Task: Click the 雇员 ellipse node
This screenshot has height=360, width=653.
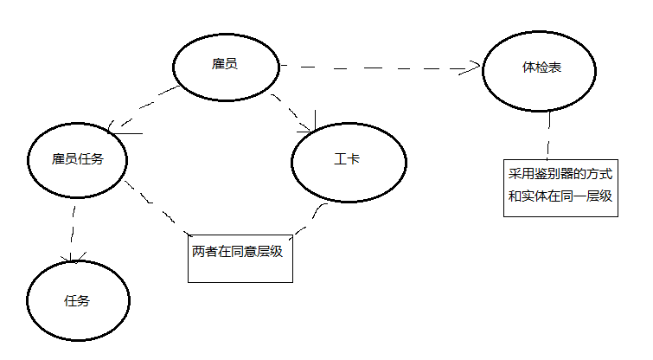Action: (x=225, y=66)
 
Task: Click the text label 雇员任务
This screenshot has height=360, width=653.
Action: (x=78, y=159)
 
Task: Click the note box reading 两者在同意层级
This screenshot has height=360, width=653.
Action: (x=240, y=255)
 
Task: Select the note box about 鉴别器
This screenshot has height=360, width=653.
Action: (x=560, y=187)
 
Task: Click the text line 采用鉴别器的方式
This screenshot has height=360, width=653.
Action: (x=560, y=176)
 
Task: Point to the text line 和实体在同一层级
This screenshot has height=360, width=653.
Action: (x=560, y=196)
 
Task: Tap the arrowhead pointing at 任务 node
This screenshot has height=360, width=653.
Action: (x=76, y=258)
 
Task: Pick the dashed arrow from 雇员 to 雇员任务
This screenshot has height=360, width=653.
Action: (x=147, y=107)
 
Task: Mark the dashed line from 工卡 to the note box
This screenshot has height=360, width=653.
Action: (x=310, y=218)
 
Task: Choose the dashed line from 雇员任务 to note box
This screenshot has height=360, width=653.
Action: (x=156, y=208)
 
